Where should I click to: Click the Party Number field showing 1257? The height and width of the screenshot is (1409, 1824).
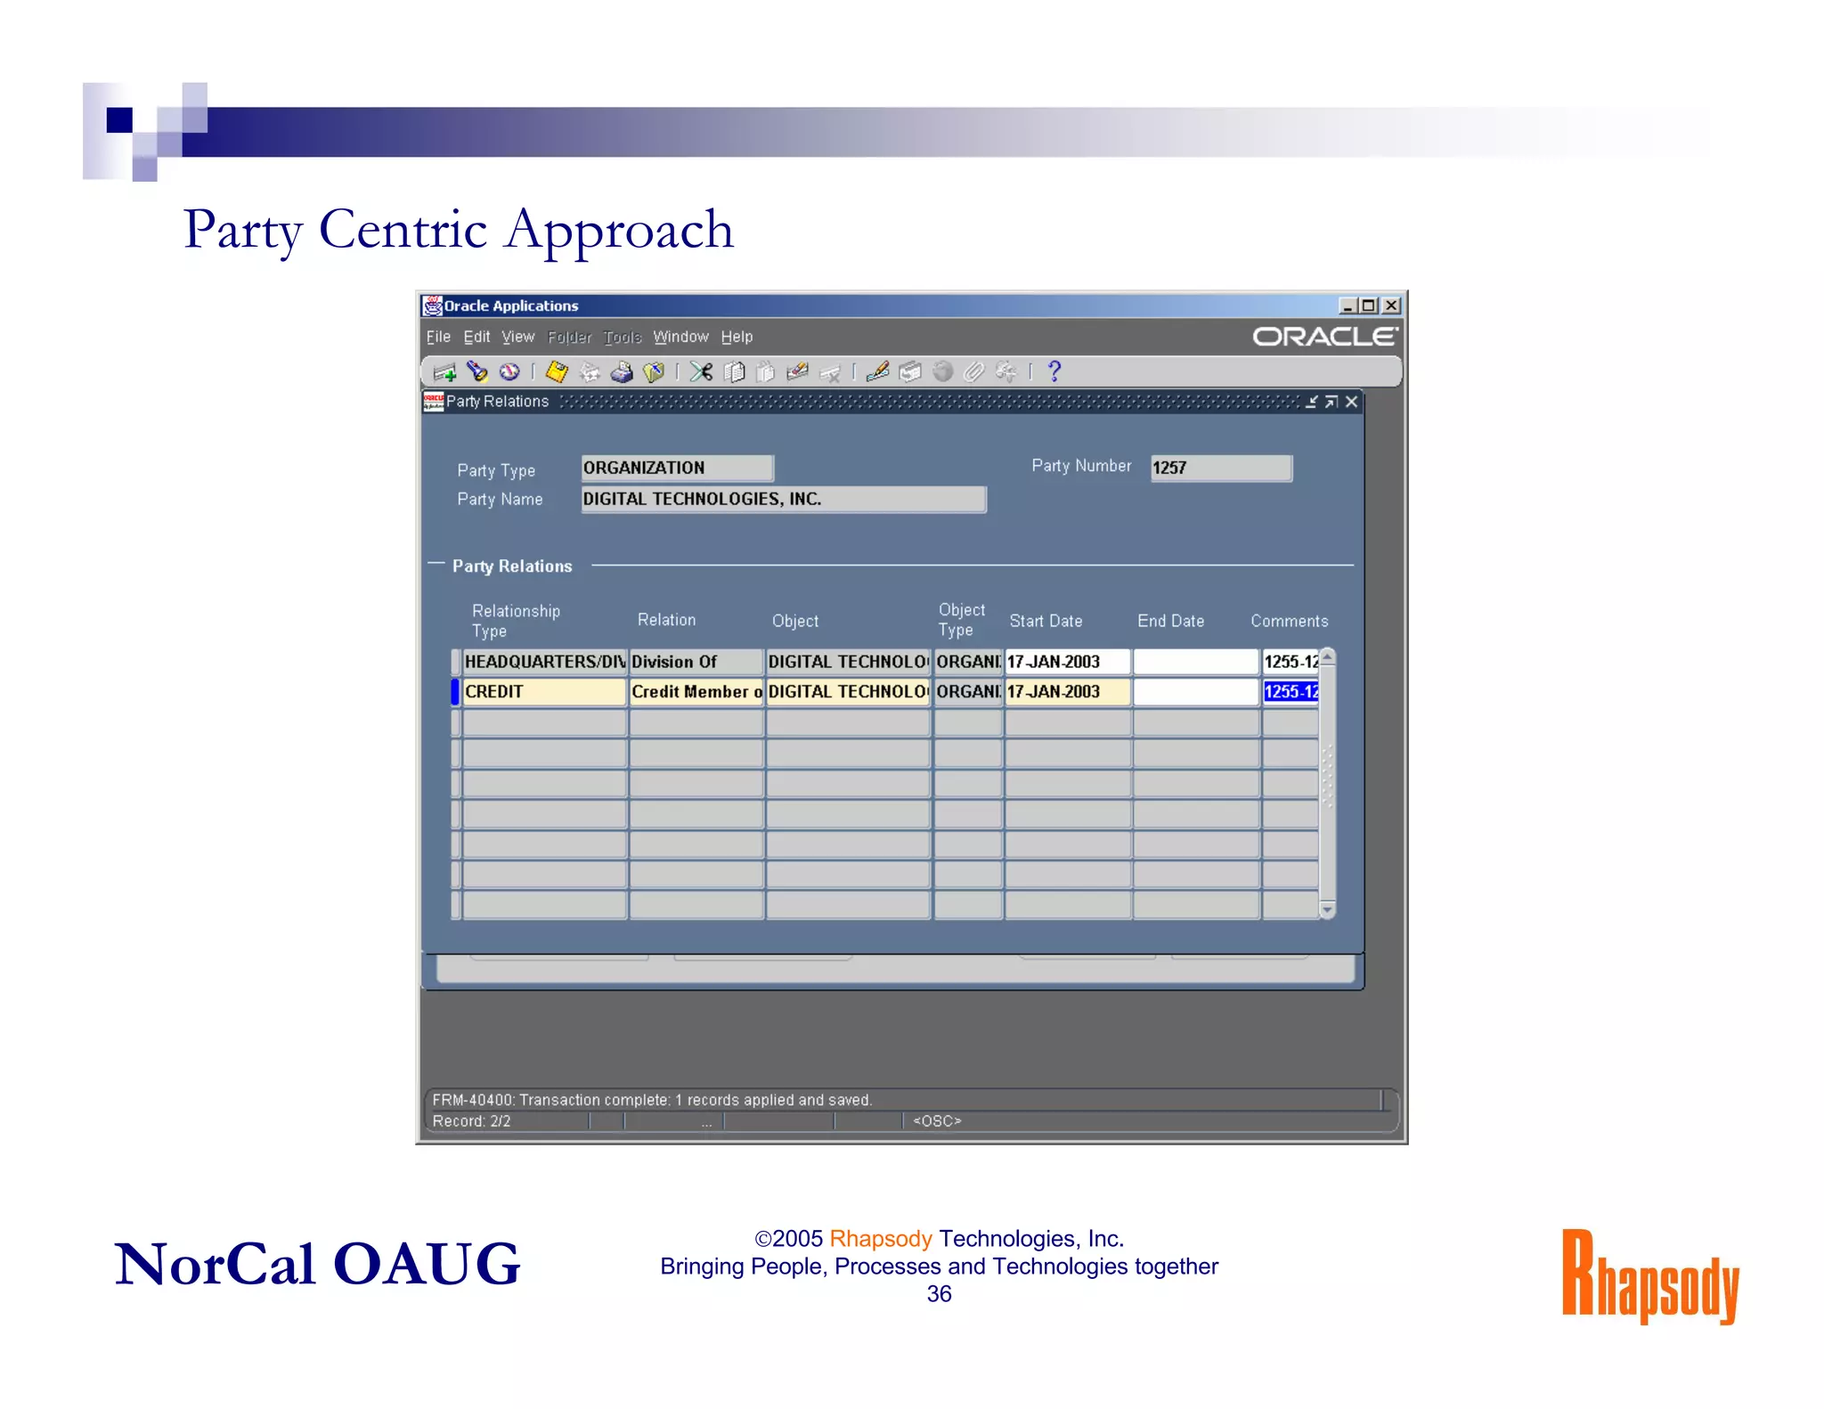(x=1220, y=468)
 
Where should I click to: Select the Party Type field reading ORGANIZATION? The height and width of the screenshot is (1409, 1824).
(x=677, y=468)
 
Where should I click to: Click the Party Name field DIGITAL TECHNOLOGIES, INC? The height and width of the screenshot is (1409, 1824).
(x=783, y=499)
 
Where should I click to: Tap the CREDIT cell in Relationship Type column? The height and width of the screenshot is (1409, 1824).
(x=543, y=692)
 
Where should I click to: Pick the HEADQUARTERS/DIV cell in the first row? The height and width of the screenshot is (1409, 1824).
(x=543, y=662)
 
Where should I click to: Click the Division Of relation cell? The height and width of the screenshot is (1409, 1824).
(x=696, y=662)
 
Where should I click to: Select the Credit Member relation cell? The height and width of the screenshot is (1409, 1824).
(x=696, y=692)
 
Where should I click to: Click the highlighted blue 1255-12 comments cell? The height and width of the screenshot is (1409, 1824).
(x=1290, y=692)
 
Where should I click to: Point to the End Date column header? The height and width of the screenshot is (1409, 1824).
(x=1170, y=621)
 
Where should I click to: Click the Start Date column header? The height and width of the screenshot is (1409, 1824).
(x=1046, y=621)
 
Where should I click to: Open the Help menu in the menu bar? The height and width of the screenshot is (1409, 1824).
(x=737, y=337)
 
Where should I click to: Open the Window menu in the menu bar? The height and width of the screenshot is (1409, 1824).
(x=680, y=337)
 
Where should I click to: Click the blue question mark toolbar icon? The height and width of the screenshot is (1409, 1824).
(x=1054, y=371)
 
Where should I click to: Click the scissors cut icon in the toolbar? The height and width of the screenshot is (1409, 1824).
(x=701, y=371)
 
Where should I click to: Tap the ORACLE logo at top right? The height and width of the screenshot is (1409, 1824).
(x=1324, y=337)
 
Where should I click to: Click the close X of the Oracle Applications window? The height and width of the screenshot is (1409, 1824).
(x=1391, y=305)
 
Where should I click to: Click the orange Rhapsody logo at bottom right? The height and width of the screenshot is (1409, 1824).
(x=1649, y=1275)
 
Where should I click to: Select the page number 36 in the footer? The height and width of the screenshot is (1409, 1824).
(x=939, y=1294)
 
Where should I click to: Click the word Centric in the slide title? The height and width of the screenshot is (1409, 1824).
(x=403, y=230)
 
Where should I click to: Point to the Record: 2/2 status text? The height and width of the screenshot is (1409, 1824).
(x=471, y=1121)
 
